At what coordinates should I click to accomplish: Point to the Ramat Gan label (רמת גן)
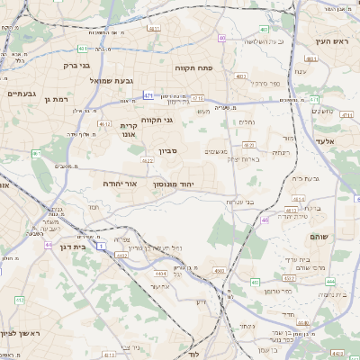tap(55, 99)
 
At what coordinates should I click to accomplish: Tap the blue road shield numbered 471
tap(148, 94)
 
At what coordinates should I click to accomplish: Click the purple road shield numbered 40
tap(220, 38)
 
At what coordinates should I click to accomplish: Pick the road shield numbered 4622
tap(145, 162)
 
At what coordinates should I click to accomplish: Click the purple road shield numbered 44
tap(48, 243)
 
